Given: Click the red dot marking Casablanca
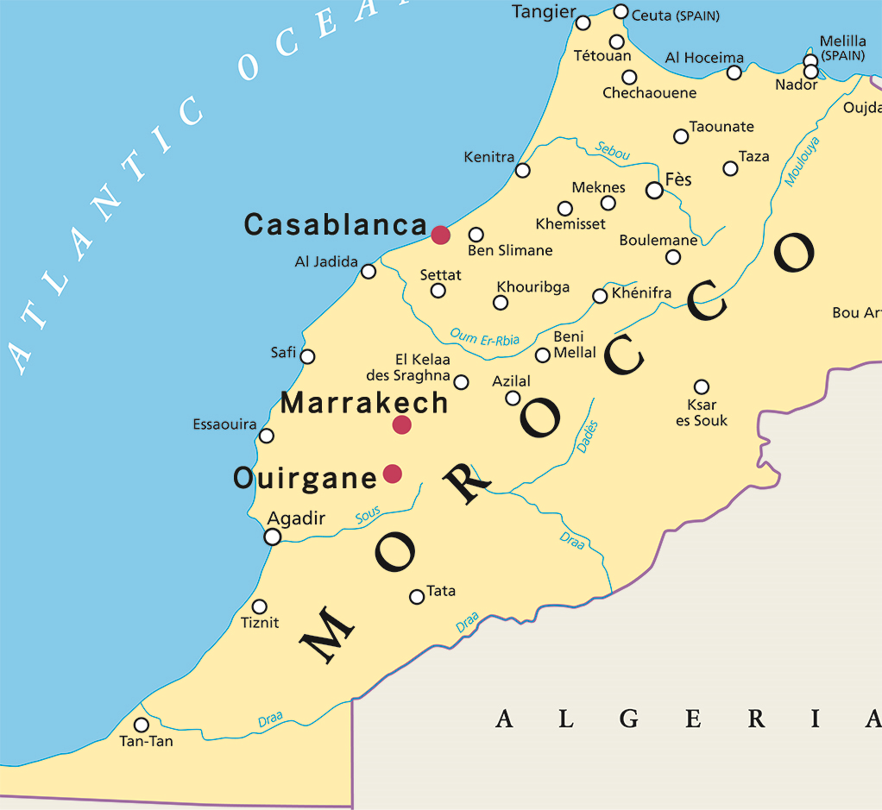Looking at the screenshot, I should tap(441, 235).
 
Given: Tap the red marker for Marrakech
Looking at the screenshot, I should tap(401, 424).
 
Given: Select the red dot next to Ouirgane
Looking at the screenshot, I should tap(393, 473).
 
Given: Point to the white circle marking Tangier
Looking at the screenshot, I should tap(583, 22).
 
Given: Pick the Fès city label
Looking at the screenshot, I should tap(678, 180).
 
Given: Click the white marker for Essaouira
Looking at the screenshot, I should tap(267, 436).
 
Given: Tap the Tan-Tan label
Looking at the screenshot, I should tap(146, 742).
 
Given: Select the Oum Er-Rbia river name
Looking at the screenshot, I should tap(484, 337).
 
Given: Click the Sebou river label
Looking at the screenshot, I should tap(613, 150).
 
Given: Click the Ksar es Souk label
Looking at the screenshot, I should tap(702, 413).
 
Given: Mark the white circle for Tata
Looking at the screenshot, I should tap(417, 596).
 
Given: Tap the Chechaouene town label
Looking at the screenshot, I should tap(649, 93).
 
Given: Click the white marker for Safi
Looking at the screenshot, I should tap(307, 356).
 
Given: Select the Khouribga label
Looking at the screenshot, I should tap(532, 287).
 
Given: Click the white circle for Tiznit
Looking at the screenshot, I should tap(259, 606).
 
